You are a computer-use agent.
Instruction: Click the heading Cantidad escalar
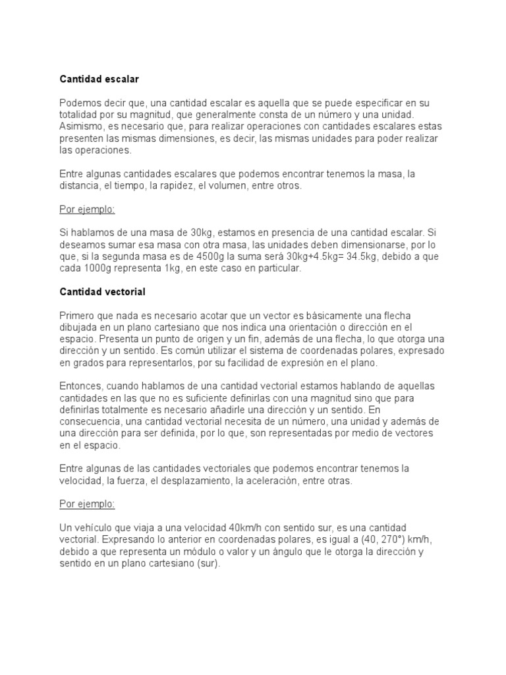[x=99, y=79]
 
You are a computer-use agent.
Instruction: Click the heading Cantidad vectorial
[x=103, y=291]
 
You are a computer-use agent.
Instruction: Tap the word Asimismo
[x=81, y=126]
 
